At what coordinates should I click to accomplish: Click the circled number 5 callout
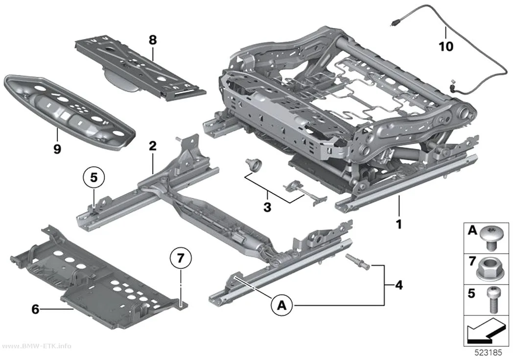pyautogui.click(x=94, y=178)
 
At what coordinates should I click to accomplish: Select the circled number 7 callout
pyautogui.click(x=181, y=258)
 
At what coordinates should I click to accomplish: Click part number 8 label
pyautogui.click(x=153, y=40)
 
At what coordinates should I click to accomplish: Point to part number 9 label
pyautogui.click(x=57, y=149)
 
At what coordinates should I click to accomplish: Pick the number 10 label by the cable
pyautogui.click(x=446, y=46)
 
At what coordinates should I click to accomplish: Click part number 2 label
pyautogui.click(x=153, y=146)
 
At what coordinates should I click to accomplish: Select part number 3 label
pyautogui.click(x=267, y=207)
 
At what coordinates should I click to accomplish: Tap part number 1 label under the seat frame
pyautogui.click(x=399, y=225)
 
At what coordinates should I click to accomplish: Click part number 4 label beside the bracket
pyautogui.click(x=399, y=285)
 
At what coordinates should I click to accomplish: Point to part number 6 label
pyautogui.click(x=35, y=309)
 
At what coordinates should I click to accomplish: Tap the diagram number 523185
pyautogui.click(x=489, y=353)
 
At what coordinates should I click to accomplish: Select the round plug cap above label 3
pyautogui.click(x=254, y=164)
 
